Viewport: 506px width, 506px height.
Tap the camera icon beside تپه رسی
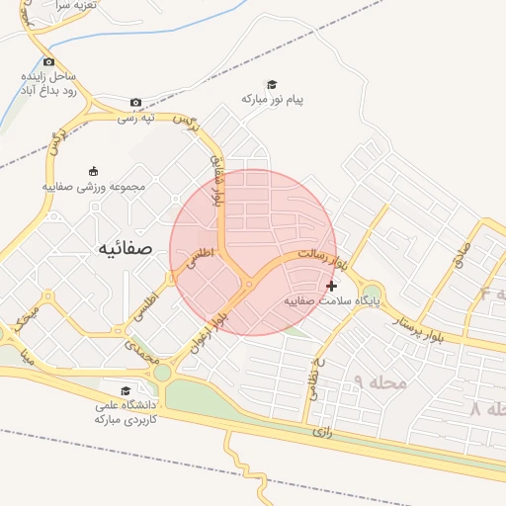(136, 102)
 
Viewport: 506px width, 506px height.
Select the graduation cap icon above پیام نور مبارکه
(273, 84)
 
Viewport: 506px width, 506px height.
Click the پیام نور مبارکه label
(273, 100)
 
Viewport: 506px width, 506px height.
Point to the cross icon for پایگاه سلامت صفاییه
(330, 286)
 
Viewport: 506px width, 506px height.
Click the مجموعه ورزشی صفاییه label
(94, 186)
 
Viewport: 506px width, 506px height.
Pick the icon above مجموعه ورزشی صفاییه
(94, 170)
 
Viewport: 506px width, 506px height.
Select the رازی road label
(321, 431)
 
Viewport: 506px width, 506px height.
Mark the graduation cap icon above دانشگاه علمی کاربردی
(125, 390)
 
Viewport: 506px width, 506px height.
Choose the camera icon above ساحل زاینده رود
(48, 61)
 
